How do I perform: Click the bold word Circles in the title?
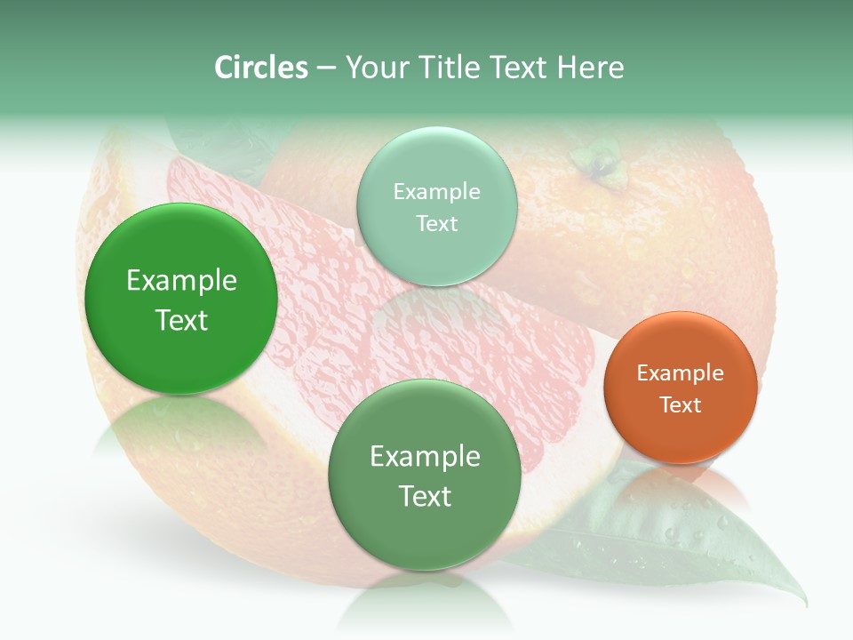(x=260, y=68)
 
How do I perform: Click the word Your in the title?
(x=376, y=68)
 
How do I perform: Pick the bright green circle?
(x=181, y=299)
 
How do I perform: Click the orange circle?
(x=681, y=388)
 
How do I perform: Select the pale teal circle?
(x=436, y=206)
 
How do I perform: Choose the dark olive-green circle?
(x=425, y=475)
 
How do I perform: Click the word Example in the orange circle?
(x=681, y=372)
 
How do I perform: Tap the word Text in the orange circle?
(x=681, y=404)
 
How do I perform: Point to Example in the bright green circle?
(x=181, y=281)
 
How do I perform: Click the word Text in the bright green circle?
(x=181, y=320)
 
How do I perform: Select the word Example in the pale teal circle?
(x=436, y=191)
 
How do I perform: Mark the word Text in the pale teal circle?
(x=436, y=223)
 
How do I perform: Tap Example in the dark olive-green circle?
(x=425, y=457)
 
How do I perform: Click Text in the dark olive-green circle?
(x=425, y=496)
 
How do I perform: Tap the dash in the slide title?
(x=325, y=68)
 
